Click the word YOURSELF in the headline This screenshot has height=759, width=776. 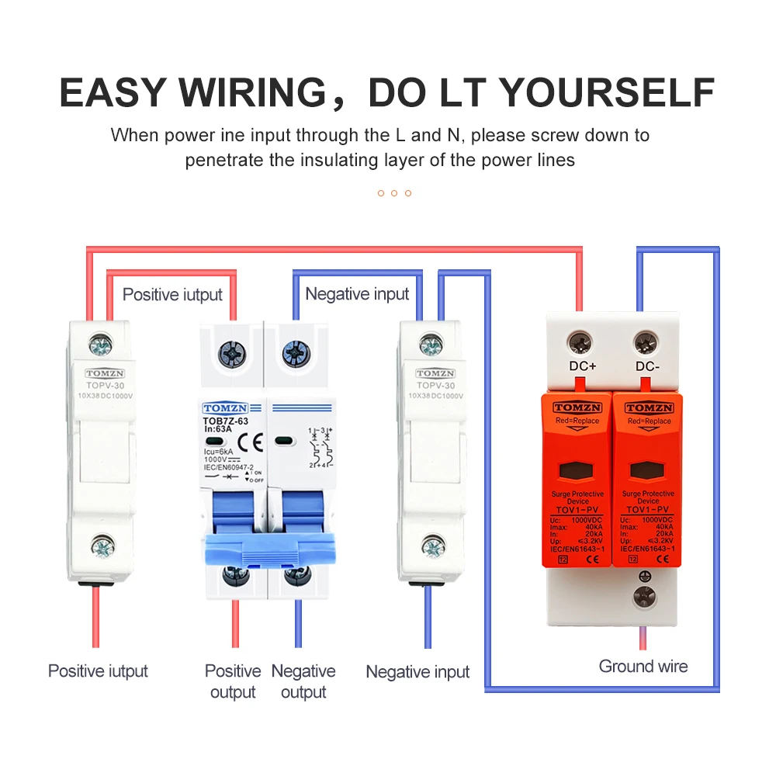[x=606, y=92]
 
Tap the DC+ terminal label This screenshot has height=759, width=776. [x=581, y=366]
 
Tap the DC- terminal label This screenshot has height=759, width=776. [x=647, y=366]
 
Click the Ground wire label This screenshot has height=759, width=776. [x=643, y=666]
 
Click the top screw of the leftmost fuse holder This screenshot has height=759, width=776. [x=99, y=341]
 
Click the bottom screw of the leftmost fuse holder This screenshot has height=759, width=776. [x=102, y=548]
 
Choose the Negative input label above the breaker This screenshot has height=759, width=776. [x=357, y=294]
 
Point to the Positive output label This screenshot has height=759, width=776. [x=233, y=681]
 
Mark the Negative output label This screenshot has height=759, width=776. [x=303, y=681]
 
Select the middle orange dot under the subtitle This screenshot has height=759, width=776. [x=394, y=192]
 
